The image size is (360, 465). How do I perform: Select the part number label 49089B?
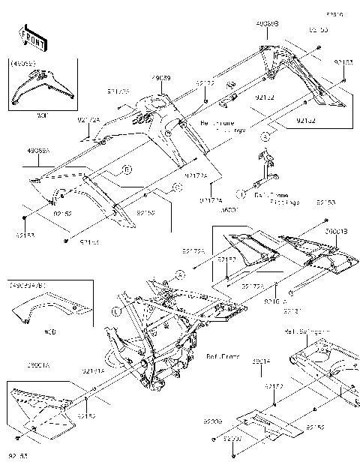pyautogui.click(x=267, y=24)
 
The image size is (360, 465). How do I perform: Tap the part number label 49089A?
pyautogui.click(x=39, y=151)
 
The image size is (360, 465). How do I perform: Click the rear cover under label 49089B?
pyautogui.click(x=296, y=75)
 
